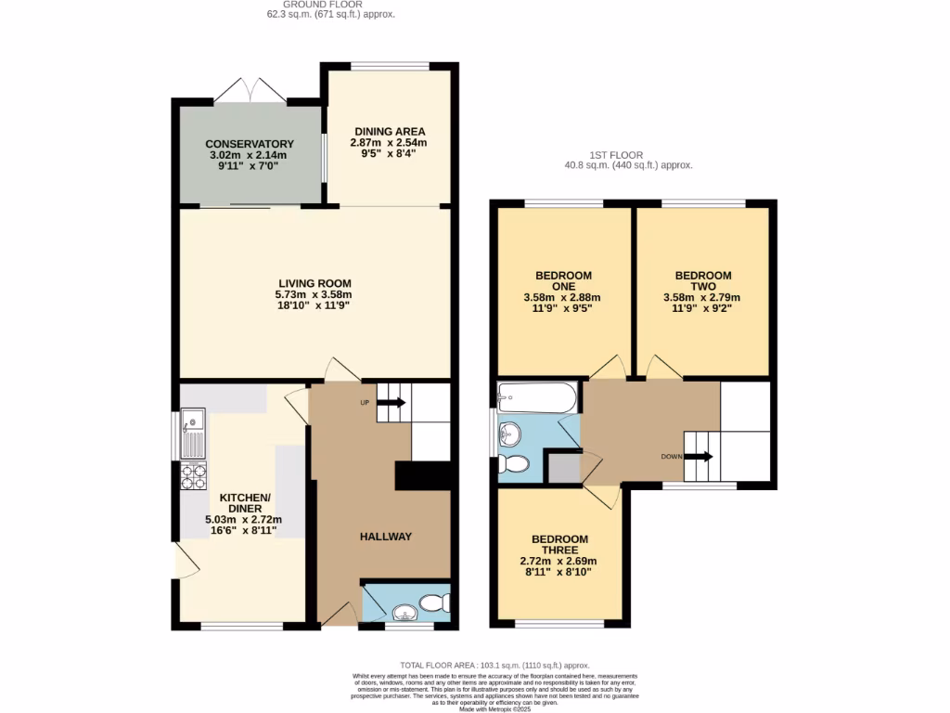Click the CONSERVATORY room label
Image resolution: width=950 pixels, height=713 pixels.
[250, 144]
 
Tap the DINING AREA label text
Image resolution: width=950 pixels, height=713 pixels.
[388, 131]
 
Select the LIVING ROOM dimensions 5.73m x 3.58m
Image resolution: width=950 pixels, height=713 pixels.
[314, 294]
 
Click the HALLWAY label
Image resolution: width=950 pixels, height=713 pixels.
[386, 537]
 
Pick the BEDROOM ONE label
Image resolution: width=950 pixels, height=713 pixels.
[563, 280]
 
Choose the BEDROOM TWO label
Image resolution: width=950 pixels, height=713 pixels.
[702, 276]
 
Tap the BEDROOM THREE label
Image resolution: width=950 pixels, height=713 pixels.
[559, 545]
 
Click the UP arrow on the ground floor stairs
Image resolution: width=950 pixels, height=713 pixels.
[392, 402]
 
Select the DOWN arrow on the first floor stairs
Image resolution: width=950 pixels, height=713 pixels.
[700, 456]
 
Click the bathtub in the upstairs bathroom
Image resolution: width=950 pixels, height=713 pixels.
[536, 398]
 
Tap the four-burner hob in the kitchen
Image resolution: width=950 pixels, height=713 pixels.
[194, 474]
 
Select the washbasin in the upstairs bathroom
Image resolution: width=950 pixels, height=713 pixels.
[508, 432]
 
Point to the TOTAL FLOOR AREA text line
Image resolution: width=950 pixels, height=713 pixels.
[494, 666]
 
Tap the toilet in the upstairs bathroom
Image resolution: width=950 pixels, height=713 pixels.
[513, 463]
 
